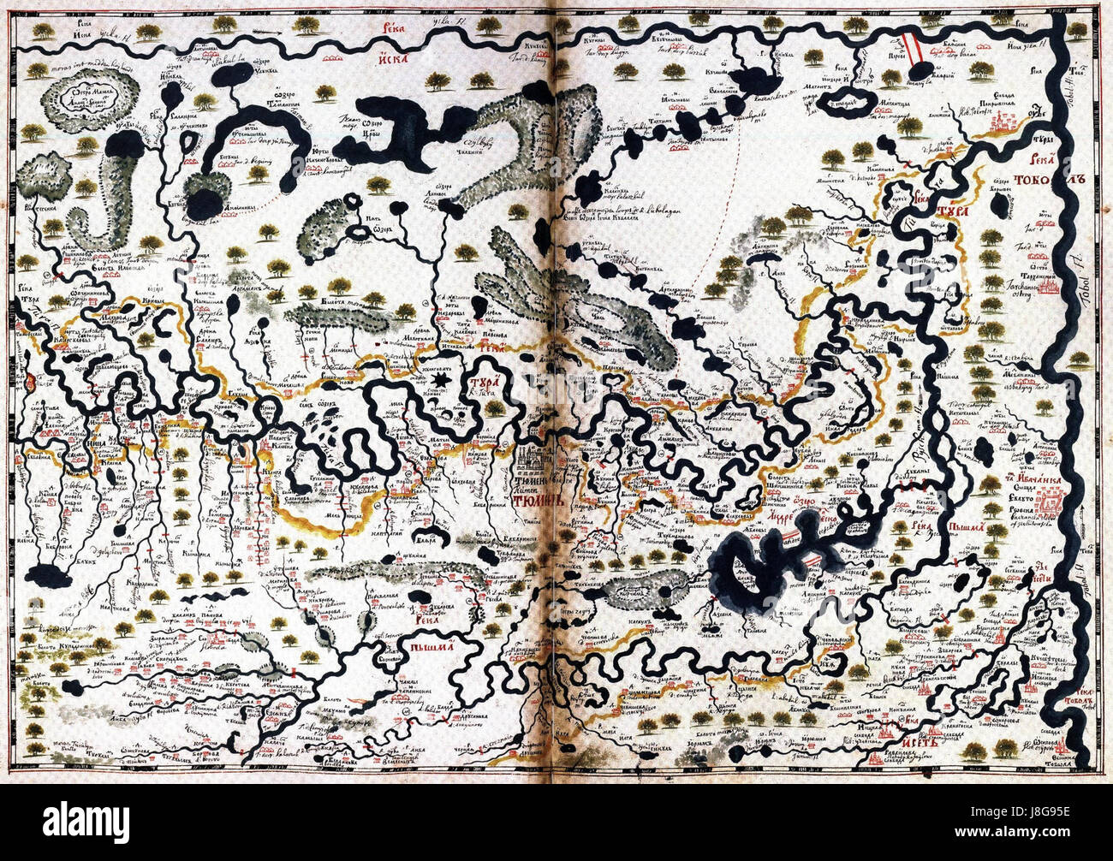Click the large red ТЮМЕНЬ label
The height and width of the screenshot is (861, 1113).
point(539,499)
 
